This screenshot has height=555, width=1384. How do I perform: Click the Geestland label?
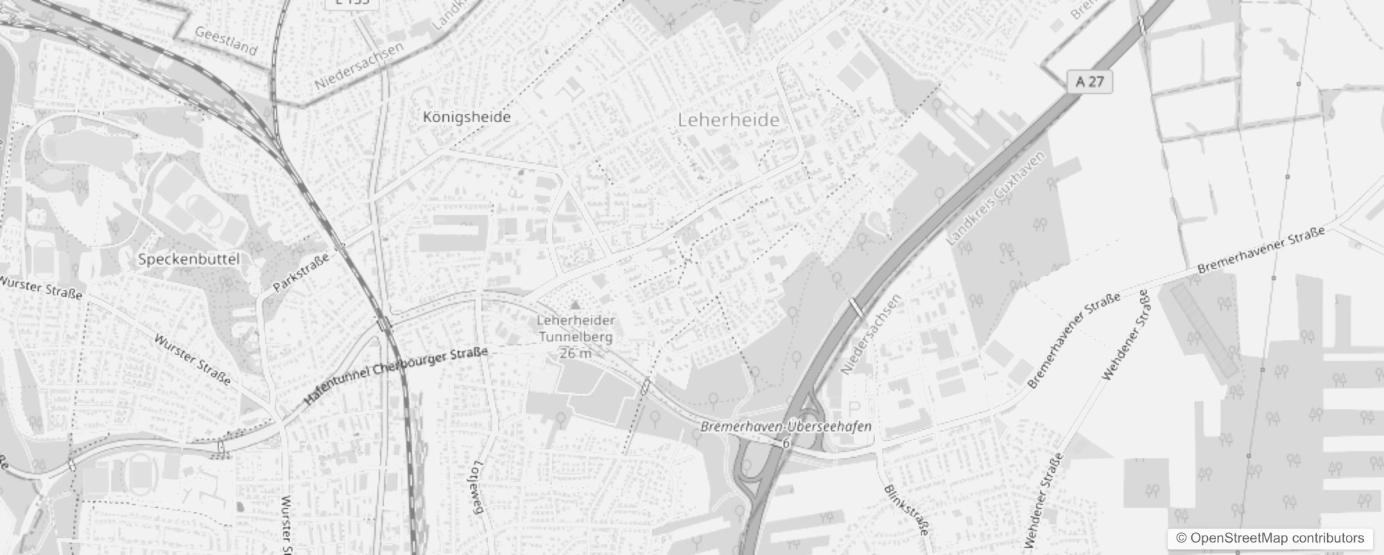[226, 42]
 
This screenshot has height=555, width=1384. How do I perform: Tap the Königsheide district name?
[467, 117]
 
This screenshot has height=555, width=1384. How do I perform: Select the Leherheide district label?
[728, 120]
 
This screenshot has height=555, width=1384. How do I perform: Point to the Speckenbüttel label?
[189, 259]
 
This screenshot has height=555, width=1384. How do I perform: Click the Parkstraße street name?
[301, 273]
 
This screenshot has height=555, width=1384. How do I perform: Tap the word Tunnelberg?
[576, 337]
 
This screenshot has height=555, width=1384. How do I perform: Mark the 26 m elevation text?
[576, 353]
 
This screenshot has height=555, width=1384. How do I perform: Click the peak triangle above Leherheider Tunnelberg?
[575, 305]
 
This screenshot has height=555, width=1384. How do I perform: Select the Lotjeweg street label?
[476, 487]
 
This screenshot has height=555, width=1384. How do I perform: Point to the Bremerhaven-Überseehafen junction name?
[786, 427]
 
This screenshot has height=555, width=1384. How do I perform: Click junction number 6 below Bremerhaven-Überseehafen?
[786, 443]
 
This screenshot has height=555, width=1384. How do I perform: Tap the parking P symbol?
[854, 408]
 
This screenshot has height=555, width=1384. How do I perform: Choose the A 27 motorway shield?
[1089, 81]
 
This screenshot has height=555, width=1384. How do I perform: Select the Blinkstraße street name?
[906, 510]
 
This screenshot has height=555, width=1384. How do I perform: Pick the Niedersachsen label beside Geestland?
[358, 66]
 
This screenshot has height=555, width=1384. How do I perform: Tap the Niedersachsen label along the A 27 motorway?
[871, 334]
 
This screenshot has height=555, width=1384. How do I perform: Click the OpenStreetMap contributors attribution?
[1270, 538]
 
